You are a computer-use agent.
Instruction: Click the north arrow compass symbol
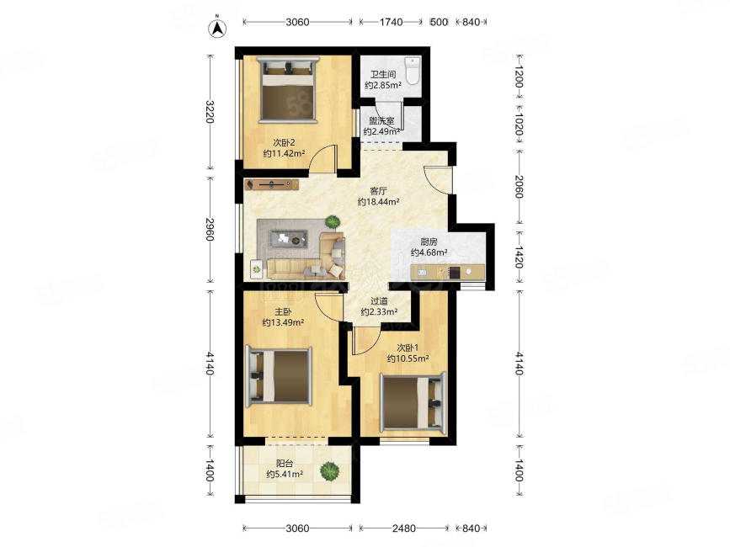click(x=217, y=28)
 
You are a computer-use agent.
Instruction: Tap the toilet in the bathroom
click(x=413, y=71)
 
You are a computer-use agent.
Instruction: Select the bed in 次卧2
click(x=288, y=90)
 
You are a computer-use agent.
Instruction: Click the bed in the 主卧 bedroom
click(x=279, y=376)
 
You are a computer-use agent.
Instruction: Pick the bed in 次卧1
click(x=413, y=402)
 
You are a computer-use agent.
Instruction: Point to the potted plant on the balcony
click(x=329, y=471)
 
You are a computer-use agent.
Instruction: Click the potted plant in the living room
click(x=333, y=221)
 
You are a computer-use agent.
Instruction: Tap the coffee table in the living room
click(x=288, y=239)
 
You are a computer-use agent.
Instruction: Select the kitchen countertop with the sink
click(x=447, y=272)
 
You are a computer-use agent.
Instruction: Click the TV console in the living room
click(x=271, y=184)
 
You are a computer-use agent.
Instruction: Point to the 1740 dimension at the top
click(x=391, y=22)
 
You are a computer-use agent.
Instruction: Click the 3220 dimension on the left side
click(x=210, y=112)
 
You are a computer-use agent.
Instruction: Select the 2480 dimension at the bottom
click(x=403, y=528)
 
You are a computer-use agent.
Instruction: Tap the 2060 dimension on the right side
click(x=520, y=187)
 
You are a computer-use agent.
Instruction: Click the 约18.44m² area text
click(x=379, y=202)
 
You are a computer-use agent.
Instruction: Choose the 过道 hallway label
click(x=379, y=301)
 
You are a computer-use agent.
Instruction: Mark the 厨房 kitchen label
click(x=429, y=242)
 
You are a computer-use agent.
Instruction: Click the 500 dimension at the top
click(x=439, y=22)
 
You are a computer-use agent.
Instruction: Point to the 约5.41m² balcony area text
click(x=285, y=475)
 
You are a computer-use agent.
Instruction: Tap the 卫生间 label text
click(x=383, y=74)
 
